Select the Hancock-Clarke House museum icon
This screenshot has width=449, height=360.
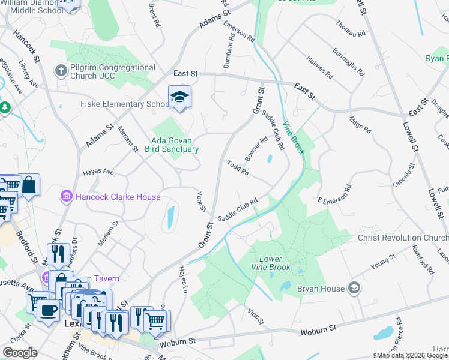[65, 197]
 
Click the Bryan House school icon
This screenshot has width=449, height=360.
[355, 289]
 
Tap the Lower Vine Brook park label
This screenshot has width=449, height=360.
[271, 263]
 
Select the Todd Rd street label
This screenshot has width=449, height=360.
[238, 168]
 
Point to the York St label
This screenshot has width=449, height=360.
[201, 201]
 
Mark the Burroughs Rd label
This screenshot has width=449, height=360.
[349, 62]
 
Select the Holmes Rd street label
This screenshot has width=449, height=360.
[319, 68]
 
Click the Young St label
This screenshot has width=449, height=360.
[383, 260]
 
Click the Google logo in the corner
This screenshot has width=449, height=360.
[20, 353]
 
